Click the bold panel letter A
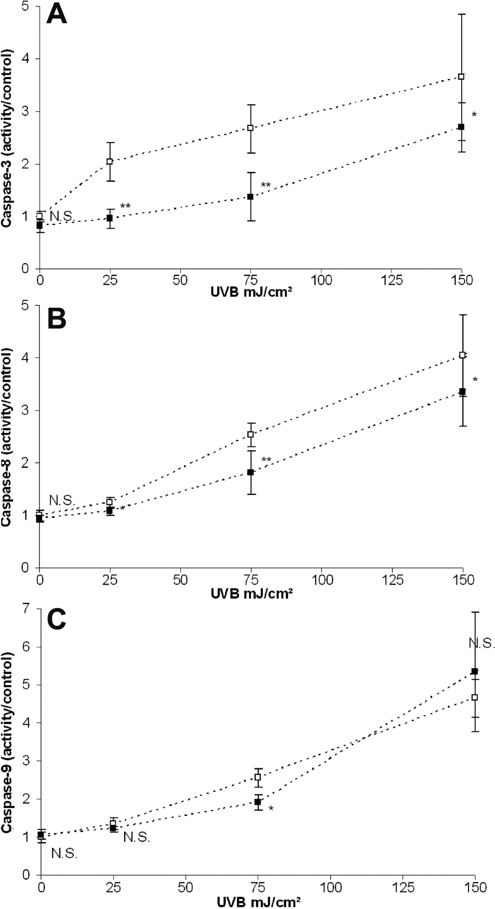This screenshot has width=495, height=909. [x=56, y=16]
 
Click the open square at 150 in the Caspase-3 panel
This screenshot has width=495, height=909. [x=461, y=77]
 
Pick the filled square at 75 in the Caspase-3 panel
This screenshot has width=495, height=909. [x=250, y=197]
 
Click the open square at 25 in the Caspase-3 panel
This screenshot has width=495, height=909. [x=109, y=161]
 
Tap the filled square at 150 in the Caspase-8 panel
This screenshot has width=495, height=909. [x=462, y=392]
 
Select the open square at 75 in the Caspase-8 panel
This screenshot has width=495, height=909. [x=251, y=434]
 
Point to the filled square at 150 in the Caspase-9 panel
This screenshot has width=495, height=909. [x=475, y=671]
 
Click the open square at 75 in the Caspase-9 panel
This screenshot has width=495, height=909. [x=258, y=777]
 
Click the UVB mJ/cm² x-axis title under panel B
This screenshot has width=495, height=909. [x=251, y=593]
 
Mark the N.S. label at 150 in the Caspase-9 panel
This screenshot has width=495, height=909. [x=481, y=644]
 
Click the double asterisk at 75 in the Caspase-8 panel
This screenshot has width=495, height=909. [x=266, y=460]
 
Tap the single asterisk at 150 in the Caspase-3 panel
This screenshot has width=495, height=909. [x=474, y=115]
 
